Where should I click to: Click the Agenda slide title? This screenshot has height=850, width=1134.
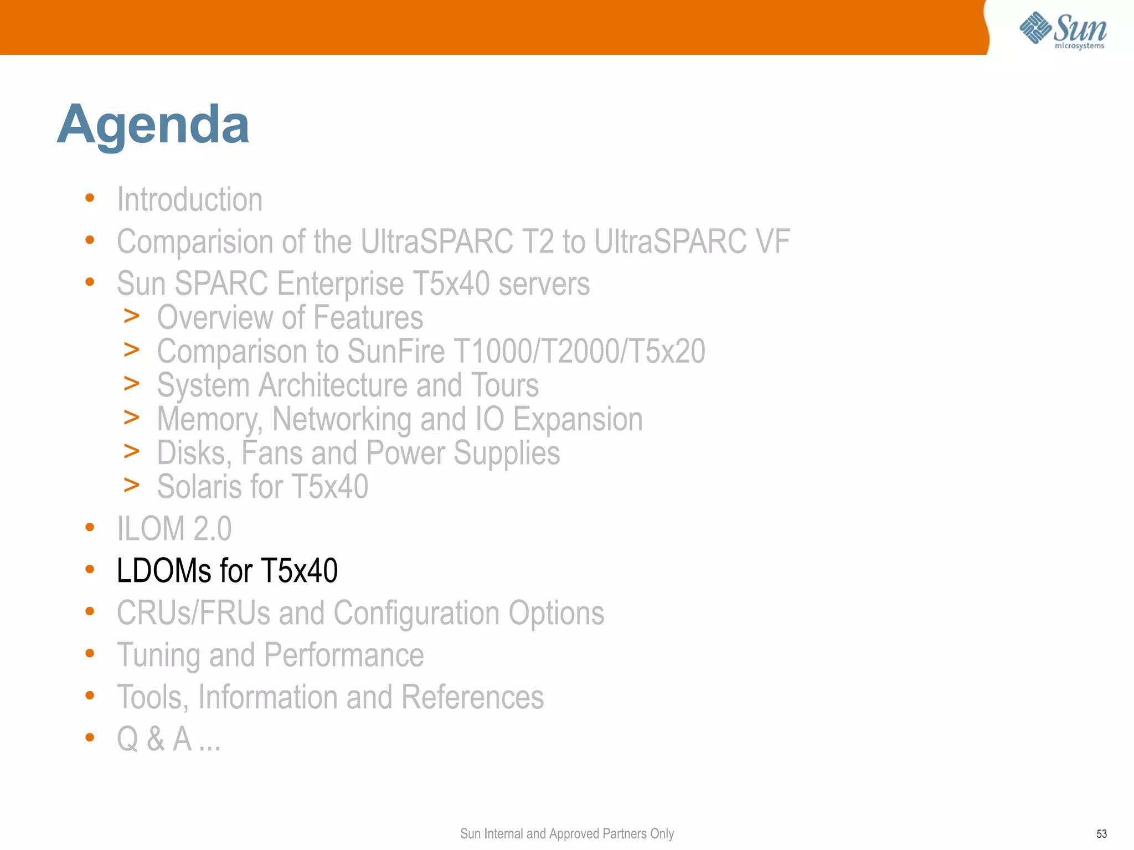point(153,125)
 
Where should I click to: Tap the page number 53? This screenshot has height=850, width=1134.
point(1101,834)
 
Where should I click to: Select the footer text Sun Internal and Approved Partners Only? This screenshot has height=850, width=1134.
point(566,833)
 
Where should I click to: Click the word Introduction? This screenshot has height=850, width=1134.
point(189,199)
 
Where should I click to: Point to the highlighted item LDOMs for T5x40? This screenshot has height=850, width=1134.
point(227,570)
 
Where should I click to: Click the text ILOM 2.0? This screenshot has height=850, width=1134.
point(174,528)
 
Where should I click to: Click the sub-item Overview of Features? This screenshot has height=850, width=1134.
point(290,317)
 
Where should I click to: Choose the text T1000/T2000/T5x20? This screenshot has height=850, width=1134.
point(579,351)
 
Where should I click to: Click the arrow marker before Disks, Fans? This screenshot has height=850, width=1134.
point(131,452)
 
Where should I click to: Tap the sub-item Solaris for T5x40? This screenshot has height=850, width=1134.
point(262,486)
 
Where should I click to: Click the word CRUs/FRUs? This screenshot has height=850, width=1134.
point(193,612)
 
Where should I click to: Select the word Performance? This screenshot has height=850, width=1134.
point(343,655)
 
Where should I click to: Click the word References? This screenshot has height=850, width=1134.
point(472,697)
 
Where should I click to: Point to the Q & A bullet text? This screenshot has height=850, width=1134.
point(168,739)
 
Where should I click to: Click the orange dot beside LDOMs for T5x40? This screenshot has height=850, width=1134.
point(90,569)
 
